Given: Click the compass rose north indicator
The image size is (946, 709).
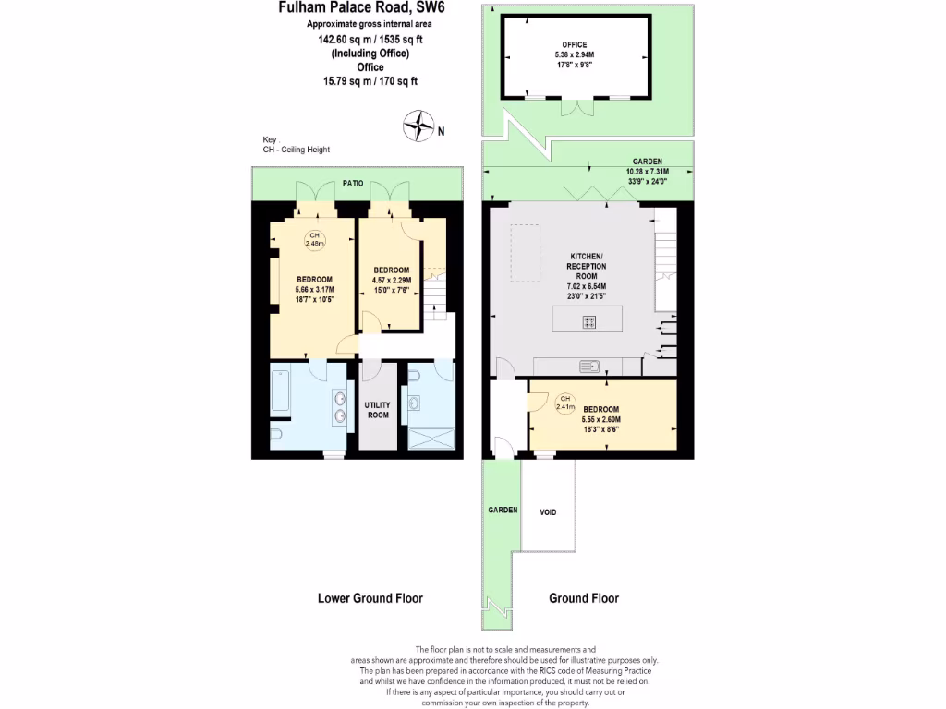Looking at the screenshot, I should (x=420, y=124).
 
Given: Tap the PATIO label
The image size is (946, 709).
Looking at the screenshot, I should (x=354, y=184).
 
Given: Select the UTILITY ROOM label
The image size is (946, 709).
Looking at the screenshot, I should (x=377, y=410).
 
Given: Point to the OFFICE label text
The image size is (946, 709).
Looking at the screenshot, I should (x=575, y=44).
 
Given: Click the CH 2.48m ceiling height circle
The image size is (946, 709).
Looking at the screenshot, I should (x=314, y=239).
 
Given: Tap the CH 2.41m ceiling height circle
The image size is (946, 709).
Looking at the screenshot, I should (x=564, y=402).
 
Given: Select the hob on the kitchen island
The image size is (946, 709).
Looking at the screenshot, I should (x=588, y=321).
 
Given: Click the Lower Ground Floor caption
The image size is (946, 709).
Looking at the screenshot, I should (x=370, y=598).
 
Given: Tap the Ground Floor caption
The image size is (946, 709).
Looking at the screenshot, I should (x=584, y=598).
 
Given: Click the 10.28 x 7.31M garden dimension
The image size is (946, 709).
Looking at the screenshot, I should (x=647, y=171).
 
